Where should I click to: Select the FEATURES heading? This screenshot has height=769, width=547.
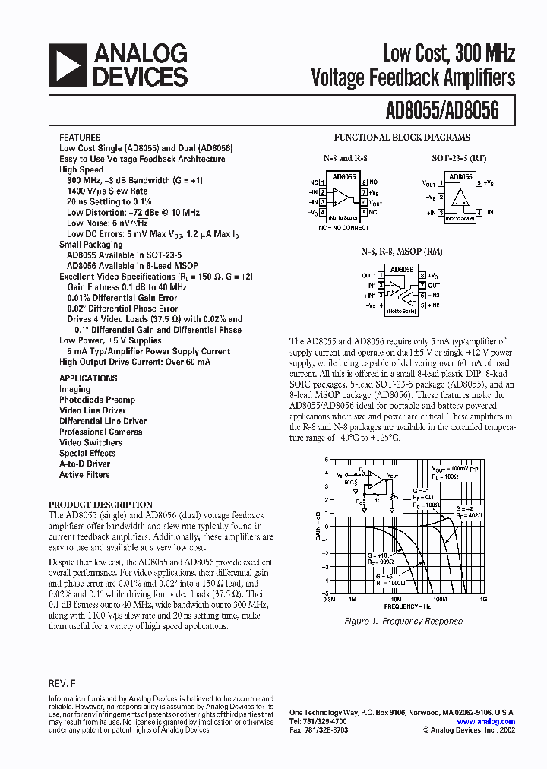pyautogui.click(x=79, y=138)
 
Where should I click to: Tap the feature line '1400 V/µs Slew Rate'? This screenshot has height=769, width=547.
pyautogui.click(x=107, y=191)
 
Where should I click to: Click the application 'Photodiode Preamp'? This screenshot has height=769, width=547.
pyautogui.click(x=97, y=400)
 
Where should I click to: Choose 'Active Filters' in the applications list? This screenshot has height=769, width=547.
pyautogui.click(x=84, y=475)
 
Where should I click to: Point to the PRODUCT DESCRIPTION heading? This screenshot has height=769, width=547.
pyautogui.click(x=100, y=505)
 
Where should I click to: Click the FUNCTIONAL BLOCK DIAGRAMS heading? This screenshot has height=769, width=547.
pyautogui.click(x=402, y=138)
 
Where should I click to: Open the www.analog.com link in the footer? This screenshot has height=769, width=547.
pyautogui.click(x=485, y=722)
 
